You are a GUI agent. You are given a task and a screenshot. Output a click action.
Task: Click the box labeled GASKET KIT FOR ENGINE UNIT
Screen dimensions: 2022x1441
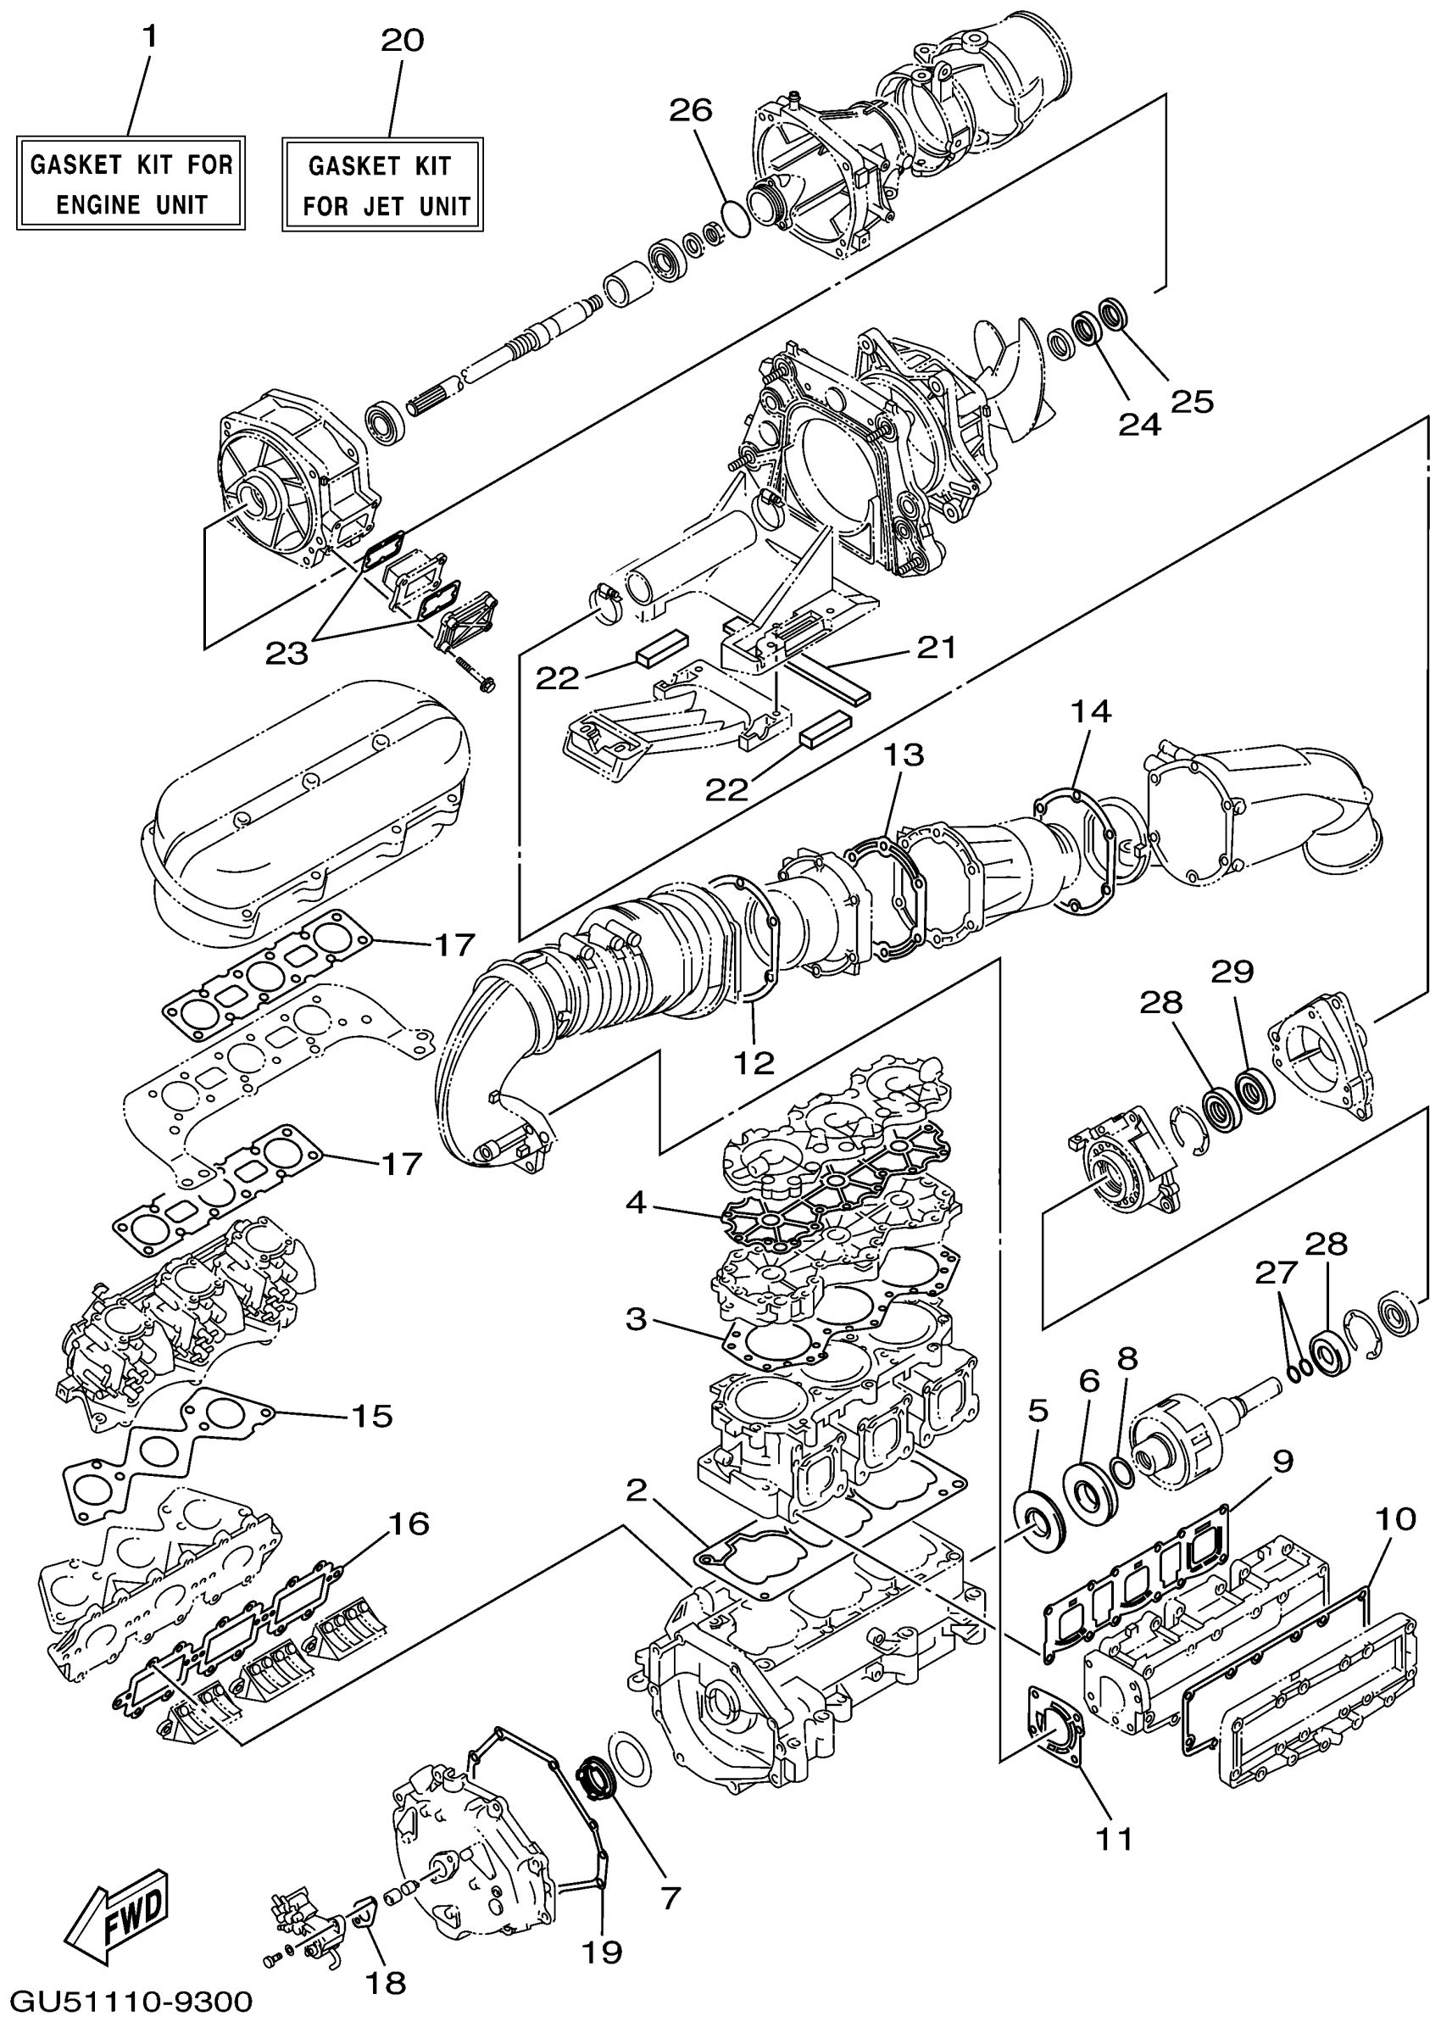[131, 184]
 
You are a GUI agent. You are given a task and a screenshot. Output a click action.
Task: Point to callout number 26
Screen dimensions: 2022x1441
[690, 110]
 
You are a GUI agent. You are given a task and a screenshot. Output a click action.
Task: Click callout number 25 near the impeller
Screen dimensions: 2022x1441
[1192, 401]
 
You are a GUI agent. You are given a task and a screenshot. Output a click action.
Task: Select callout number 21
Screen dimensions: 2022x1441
[936, 647]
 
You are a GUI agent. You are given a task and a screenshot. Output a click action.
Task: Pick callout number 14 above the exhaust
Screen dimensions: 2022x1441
[1091, 710]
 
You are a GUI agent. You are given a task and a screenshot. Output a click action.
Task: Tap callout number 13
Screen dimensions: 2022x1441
[904, 755]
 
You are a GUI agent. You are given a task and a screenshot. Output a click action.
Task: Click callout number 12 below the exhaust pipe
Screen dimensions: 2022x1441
[754, 1062]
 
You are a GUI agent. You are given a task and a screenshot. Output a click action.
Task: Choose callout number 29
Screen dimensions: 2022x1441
[1232, 972]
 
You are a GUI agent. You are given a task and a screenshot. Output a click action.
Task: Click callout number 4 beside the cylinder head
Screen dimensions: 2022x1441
[636, 1203]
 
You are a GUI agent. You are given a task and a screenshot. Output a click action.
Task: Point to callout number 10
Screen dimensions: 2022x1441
[1396, 1519]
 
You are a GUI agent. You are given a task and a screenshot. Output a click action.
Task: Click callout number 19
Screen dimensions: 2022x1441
[602, 1951]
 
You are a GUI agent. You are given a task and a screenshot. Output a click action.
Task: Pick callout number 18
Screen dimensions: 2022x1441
[386, 1982]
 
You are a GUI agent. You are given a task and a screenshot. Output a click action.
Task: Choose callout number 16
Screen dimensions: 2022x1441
[409, 1523]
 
